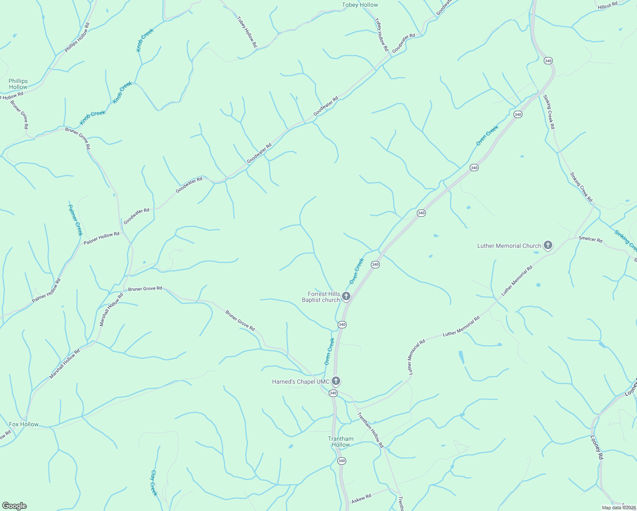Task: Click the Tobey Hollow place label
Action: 360,5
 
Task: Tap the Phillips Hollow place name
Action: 18,84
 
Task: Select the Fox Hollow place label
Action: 24,424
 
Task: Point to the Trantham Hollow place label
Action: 341,442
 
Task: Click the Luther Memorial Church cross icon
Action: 548,245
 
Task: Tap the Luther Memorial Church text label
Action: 509,246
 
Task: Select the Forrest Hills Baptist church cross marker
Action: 346,296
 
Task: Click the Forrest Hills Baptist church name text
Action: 321,297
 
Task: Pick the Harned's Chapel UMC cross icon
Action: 336,381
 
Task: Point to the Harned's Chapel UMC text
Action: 301,382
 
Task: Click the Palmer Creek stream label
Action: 75,220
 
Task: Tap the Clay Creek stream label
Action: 154,483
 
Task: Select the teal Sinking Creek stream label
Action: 625,241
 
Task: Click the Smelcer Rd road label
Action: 590,239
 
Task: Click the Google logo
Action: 14,506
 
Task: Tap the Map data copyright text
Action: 619,508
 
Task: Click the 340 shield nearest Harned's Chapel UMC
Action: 333,393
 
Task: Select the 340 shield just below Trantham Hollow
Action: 341,461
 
